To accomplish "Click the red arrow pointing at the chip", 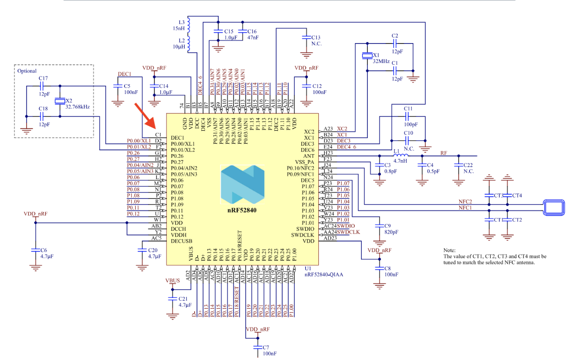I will coord(146,115).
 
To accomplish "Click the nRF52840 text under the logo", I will coord(243,210).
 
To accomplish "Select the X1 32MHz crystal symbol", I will coord(366,56).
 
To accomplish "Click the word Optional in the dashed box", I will coord(27,71).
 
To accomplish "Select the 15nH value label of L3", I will coord(179,28).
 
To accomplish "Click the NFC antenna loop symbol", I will coord(553,207).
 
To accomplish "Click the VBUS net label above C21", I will coord(172,280).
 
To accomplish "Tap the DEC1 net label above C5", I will coord(124,74).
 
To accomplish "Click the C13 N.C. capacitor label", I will coord(316,41).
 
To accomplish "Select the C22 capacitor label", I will coord(469,167).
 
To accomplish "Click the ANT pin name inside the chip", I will coord(310,156).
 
